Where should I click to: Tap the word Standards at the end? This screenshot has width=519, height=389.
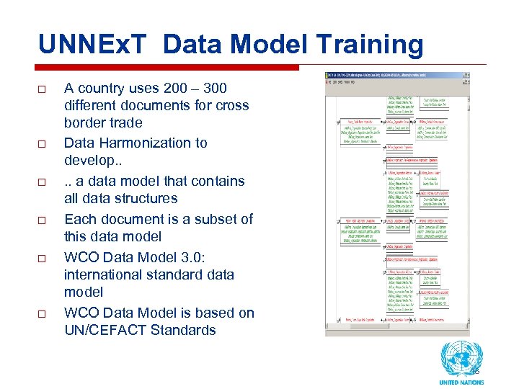(x=187, y=330)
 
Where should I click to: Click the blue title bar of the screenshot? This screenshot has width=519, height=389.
(x=397, y=75)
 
